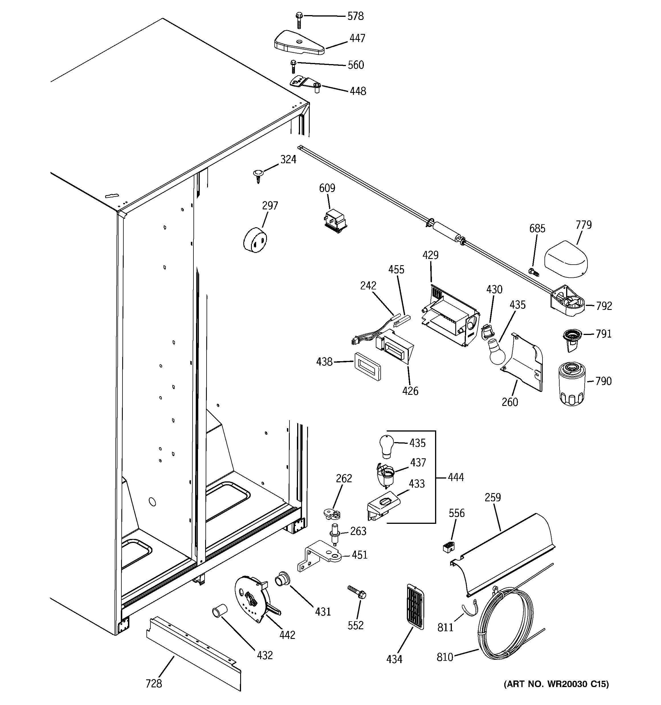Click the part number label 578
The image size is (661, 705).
[355, 16]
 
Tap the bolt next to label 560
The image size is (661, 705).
[293, 66]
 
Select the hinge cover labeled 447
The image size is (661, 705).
[299, 44]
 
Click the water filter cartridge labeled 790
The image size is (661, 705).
[571, 383]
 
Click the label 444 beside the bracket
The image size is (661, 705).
[456, 477]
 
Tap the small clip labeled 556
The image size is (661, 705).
[449, 547]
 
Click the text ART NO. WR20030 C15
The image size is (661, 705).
[556, 684]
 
